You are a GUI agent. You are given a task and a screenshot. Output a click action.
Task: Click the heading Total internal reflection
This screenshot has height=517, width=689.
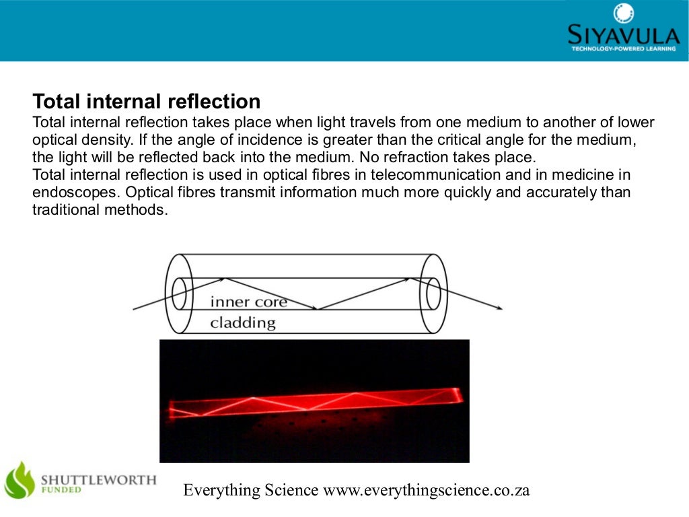(146, 102)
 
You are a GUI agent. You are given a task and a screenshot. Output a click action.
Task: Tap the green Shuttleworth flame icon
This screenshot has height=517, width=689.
(20, 479)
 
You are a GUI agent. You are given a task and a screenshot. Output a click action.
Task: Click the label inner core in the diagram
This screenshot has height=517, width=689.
(248, 302)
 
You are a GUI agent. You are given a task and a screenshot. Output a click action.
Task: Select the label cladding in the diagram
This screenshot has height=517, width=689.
(243, 322)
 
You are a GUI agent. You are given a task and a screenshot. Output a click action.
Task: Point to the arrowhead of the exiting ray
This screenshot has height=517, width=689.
(499, 309)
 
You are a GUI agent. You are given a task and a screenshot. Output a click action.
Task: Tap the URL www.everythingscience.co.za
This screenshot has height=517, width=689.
(427, 490)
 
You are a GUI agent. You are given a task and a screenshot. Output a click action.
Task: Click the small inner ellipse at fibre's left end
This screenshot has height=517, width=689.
(179, 294)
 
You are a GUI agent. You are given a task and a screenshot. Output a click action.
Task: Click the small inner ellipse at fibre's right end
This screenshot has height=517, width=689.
(433, 294)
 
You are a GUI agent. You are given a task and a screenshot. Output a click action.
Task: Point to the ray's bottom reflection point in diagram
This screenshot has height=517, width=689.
(318, 310)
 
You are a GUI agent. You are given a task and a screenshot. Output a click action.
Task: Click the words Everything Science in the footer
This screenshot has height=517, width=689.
(250, 490)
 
